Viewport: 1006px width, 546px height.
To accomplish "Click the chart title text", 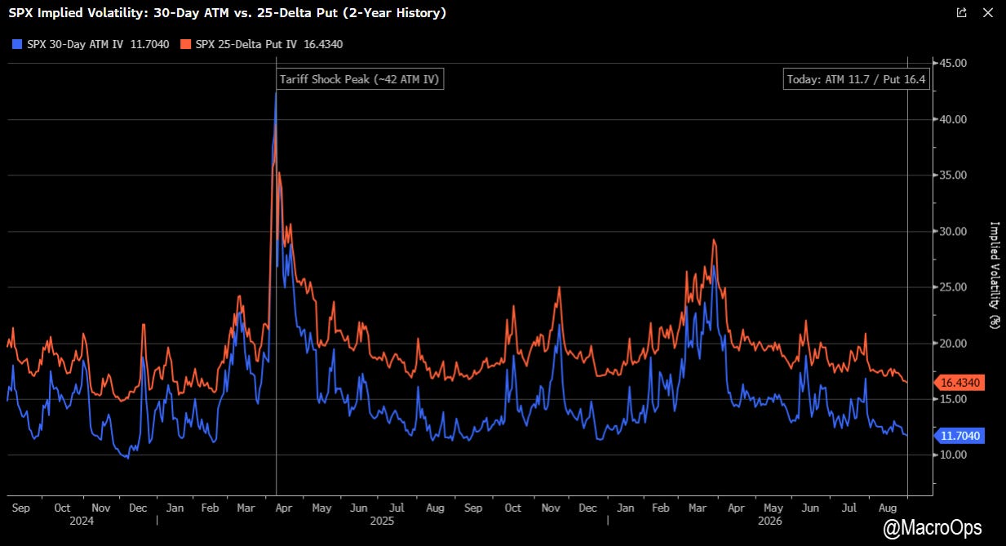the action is pos(228,13).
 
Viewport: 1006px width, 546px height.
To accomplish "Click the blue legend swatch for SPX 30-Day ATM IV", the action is pos(17,44).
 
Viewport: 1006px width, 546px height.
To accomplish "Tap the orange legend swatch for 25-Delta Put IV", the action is pos(185,44).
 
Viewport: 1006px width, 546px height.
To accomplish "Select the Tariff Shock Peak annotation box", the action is pos(360,79).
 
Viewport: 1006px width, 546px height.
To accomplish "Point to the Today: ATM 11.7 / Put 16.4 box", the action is pos(857,79).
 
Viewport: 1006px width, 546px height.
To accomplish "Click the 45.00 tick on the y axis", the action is pos(953,63).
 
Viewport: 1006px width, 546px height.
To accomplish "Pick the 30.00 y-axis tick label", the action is pos(953,232).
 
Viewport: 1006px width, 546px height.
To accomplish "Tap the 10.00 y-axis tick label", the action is pos(953,455).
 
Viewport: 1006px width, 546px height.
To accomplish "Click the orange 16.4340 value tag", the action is pos(959,383).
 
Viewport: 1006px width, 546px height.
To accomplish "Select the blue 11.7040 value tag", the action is pos(959,436).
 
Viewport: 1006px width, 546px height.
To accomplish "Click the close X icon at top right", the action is pos(988,12).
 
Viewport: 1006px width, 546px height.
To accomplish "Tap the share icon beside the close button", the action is pos(962,12).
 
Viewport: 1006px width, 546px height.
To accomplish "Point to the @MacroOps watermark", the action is pos(932,527).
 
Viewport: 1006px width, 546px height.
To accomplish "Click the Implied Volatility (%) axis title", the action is pos(995,276).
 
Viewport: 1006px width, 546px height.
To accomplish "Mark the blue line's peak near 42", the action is pos(276,92).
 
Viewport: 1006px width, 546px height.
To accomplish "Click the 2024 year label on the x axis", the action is pos(82,521).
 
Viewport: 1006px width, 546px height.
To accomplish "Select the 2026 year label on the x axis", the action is pos(769,521).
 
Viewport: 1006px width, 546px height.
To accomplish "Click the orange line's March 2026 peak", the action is pos(714,240).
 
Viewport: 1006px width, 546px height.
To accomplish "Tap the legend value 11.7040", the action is pos(150,44).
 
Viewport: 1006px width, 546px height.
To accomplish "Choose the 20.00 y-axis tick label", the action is pos(953,344).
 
